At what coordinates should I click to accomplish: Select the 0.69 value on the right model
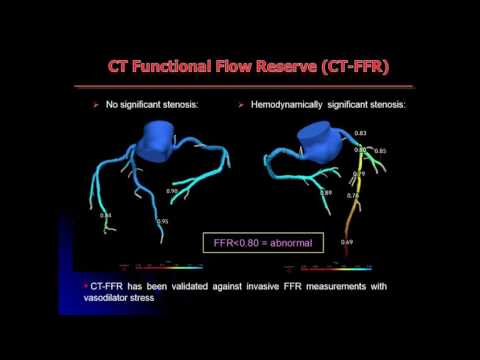346,242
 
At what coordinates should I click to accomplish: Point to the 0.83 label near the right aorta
360,133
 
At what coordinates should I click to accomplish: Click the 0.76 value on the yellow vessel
352,195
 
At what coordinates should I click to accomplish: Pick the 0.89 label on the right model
325,192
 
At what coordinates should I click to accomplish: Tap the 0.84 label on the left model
106,214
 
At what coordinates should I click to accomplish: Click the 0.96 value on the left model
172,190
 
